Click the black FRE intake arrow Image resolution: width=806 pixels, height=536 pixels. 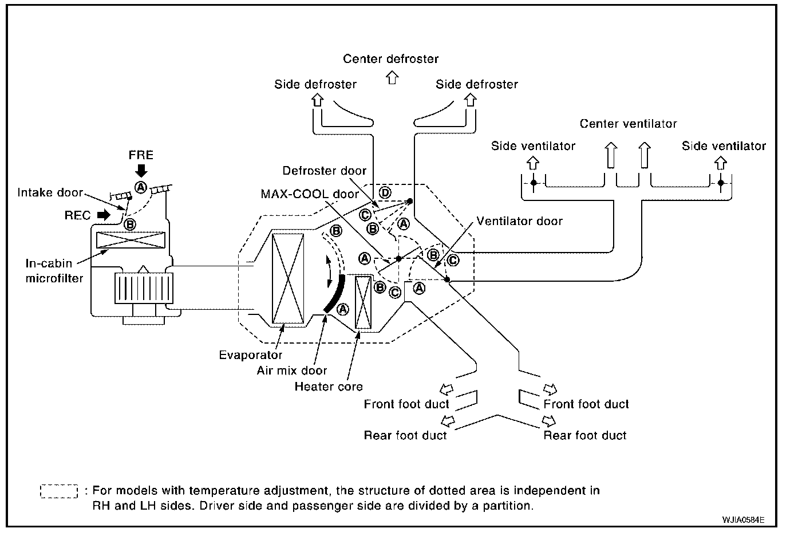(x=141, y=171)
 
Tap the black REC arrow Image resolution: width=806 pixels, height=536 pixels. (x=104, y=215)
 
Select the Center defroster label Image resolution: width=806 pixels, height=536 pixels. (x=391, y=58)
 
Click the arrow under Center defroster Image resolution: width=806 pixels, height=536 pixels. (x=392, y=77)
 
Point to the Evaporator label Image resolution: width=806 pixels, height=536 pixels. (x=250, y=355)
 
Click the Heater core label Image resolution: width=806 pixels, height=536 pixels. (x=329, y=386)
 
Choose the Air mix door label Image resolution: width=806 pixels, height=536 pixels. (x=292, y=371)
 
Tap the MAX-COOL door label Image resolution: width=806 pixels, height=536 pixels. (x=310, y=194)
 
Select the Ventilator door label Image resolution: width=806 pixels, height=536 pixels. (x=519, y=220)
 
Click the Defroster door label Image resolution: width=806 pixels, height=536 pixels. (x=324, y=170)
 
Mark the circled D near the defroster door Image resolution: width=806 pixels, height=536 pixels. (x=385, y=193)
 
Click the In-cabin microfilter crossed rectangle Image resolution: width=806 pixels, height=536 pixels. (x=131, y=240)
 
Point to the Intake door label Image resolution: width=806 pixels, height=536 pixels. (x=50, y=192)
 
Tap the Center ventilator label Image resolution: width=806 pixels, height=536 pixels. (x=628, y=124)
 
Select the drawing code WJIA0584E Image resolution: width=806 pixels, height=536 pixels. (x=743, y=520)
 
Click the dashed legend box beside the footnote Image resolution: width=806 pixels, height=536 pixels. (x=59, y=491)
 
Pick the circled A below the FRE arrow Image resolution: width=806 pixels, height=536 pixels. (x=141, y=187)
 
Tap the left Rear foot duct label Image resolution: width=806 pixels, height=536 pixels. (x=405, y=435)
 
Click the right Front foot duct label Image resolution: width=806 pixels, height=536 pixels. (x=586, y=404)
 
